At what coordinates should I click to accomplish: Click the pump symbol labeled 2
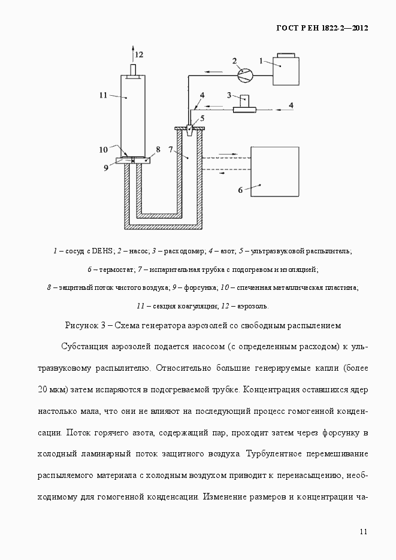pyautogui.click(x=244, y=74)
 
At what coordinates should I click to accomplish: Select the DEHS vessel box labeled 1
pyautogui.click(x=285, y=75)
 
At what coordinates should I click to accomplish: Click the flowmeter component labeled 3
pyautogui.click(x=244, y=103)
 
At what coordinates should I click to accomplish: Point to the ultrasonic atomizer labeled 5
pyautogui.click(x=190, y=129)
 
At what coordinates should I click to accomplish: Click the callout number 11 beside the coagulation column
pyautogui.click(x=103, y=95)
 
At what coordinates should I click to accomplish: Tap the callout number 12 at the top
pyautogui.click(x=139, y=54)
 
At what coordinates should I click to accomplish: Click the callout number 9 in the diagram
pyautogui.click(x=105, y=168)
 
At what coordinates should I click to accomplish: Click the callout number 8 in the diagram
pyautogui.click(x=158, y=149)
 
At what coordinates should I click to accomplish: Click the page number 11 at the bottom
pyautogui.click(x=364, y=531)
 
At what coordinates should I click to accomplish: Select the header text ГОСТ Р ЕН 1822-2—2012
pyautogui.click(x=322, y=28)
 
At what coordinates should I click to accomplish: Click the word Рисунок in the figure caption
pyautogui.click(x=82, y=325)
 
